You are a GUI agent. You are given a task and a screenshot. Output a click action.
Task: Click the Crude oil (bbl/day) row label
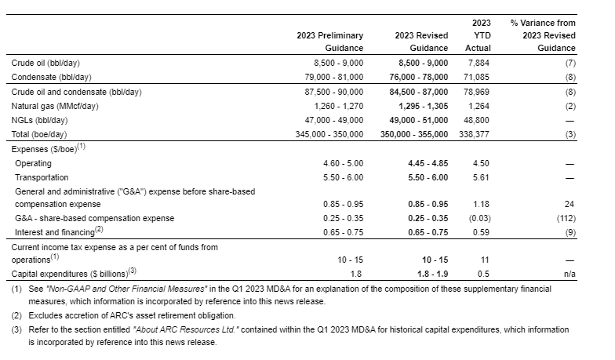tap(45, 62)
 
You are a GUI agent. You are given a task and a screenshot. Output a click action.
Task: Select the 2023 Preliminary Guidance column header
tap(329, 42)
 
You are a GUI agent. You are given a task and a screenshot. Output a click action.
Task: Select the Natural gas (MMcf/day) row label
tap(54, 105)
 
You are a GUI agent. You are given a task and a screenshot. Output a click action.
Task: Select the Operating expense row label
tap(33, 163)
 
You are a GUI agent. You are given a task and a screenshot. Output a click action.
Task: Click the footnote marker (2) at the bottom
tap(16, 316)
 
